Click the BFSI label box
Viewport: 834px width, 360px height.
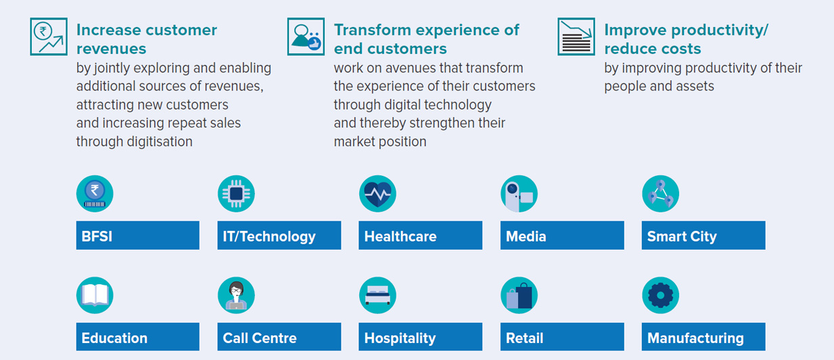tap(138, 235)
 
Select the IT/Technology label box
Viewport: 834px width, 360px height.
tap(279, 235)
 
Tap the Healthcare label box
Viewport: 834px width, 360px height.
tap(420, 235)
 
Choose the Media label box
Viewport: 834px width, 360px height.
tap(562, 235)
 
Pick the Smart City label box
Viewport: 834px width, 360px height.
tap(703, 235)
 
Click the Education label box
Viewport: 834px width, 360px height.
tap(138, 336)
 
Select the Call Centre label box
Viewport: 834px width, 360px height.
tap(279, 336)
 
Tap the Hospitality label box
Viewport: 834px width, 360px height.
tap(420, 336)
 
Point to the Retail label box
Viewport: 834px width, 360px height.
tap(562, 336)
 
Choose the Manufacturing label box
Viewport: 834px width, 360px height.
tap(703, 336)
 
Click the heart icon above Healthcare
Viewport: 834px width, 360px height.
tap(377, 194)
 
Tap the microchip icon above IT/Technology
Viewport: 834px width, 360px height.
tap(236, 194)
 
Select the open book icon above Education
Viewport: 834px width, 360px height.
tap(95, 295)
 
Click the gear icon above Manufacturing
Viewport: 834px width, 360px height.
tap(660, 295)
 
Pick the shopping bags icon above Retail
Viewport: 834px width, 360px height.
tap(519, 295)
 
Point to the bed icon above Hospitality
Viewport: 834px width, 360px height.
tap(377, 295)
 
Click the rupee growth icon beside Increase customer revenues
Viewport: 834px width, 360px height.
tap(49, 37)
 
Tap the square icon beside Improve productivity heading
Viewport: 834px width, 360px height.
tap(576, 37)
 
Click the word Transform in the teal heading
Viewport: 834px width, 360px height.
tap(372, 30)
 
